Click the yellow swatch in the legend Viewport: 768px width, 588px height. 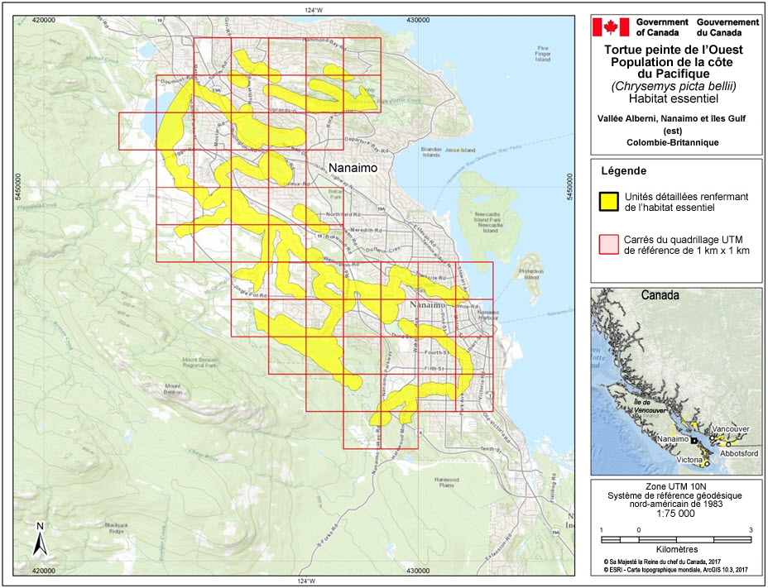click(609, 201)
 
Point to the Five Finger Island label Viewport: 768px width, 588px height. click(543, 54)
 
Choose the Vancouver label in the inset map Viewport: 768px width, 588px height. click(731, 430)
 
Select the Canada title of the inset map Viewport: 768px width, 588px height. click(660, 295)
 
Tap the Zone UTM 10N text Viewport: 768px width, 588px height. click(674, 485)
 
